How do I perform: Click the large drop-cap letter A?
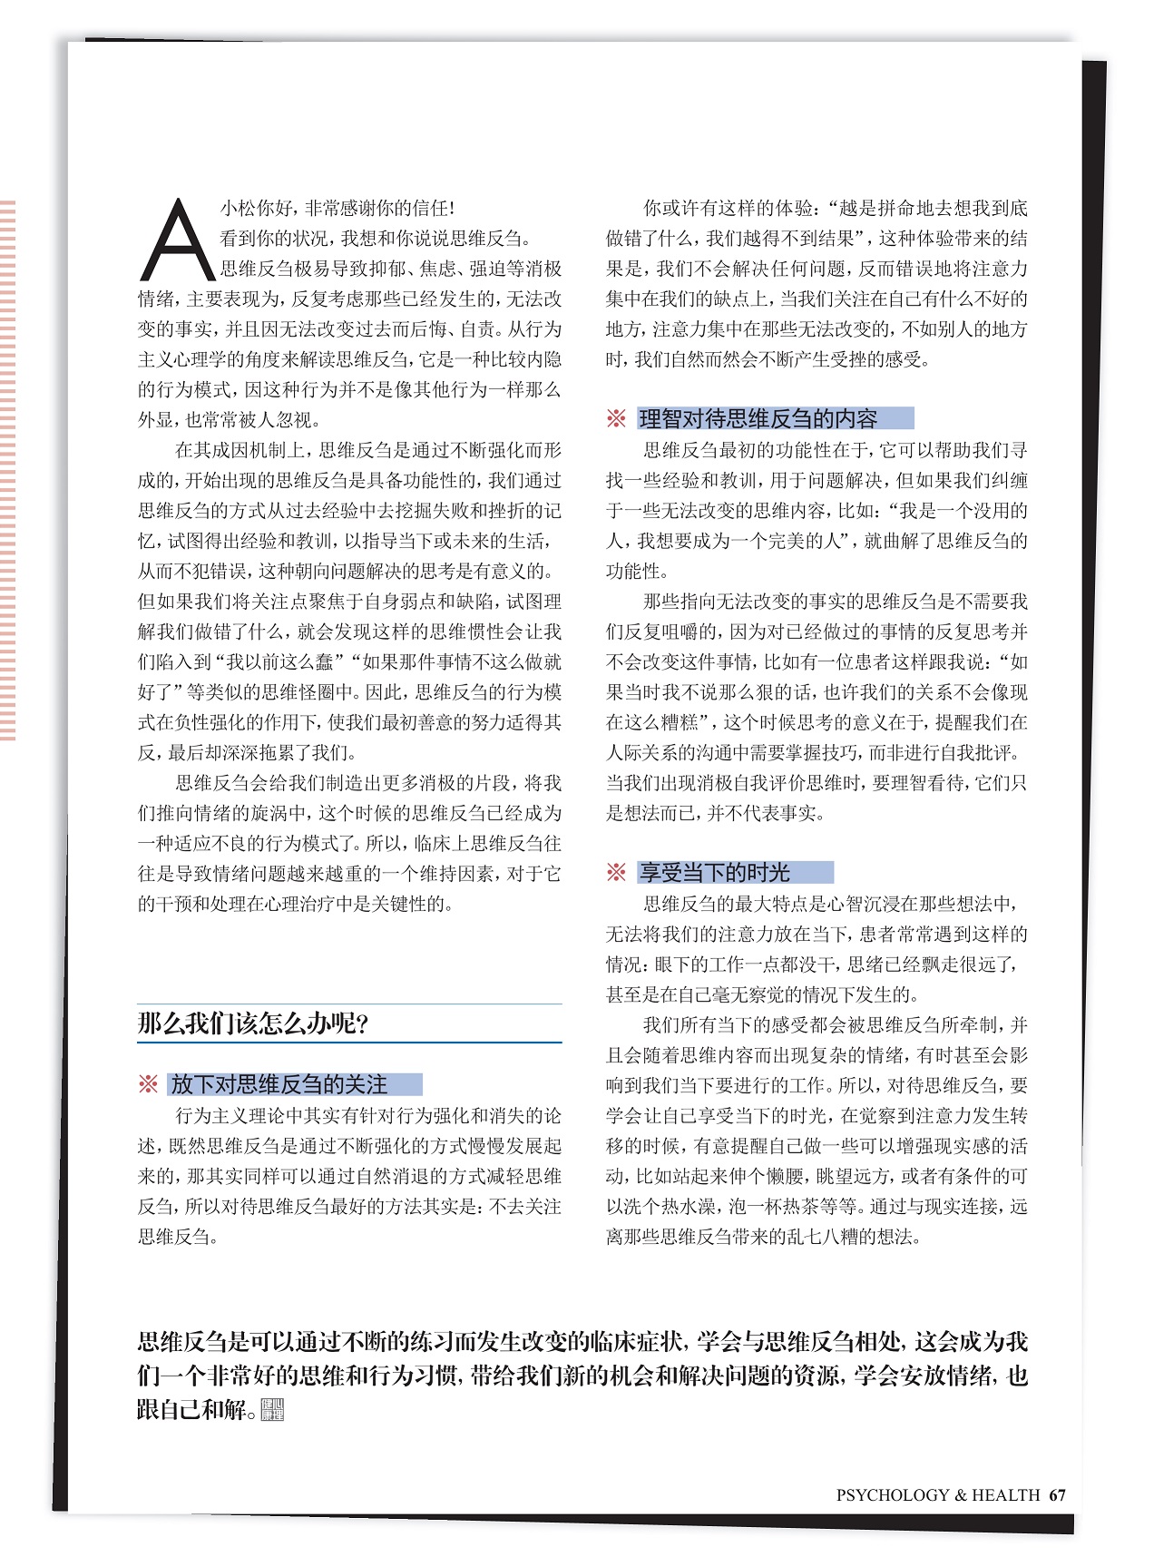[x=176, y=240]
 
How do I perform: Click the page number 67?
[x=1057, y=1494]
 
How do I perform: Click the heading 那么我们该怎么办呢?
[x=253, y=1024]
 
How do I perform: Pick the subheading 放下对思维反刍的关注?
[x=279, y=1084]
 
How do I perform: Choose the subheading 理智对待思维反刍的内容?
[x=758, y=418]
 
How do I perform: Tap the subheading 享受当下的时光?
[x=715, y=873]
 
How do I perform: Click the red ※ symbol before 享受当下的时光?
[x=616, y=873]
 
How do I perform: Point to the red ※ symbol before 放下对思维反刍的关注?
[x=148, y=1084]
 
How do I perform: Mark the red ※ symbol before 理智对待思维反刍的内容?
[x=616, y=418]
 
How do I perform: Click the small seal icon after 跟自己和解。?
[x=272, y=1410]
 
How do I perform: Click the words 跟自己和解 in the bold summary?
[x=191, y=1410]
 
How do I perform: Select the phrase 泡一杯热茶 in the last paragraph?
[x=738, y=1207]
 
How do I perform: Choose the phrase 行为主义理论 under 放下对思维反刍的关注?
[x=221, y=1116]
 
